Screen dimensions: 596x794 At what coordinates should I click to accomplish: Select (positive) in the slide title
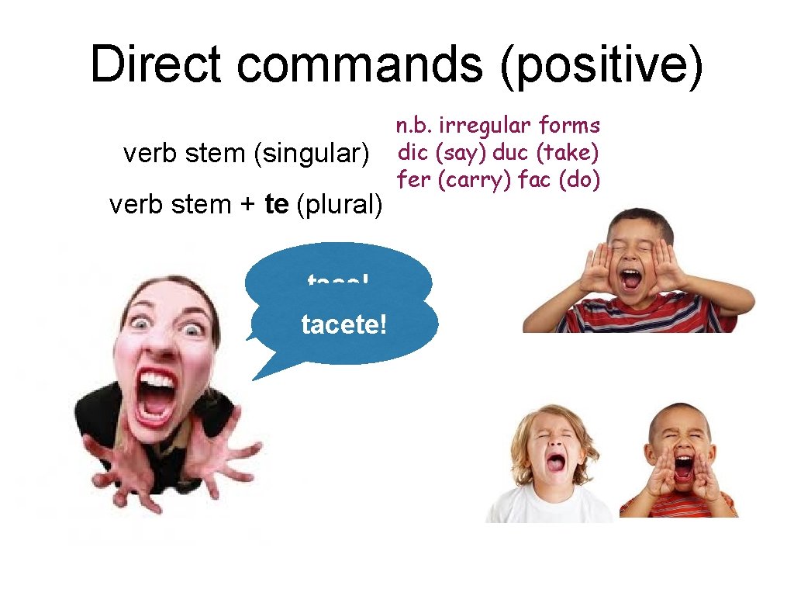tap(602, 65)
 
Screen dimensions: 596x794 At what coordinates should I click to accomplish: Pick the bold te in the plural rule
tap(277, 205)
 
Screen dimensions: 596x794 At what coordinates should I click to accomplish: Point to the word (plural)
tap(340, 205)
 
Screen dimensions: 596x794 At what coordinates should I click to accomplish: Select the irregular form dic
tap(413, 152)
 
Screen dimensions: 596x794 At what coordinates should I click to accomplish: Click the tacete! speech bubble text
tap(343, 325)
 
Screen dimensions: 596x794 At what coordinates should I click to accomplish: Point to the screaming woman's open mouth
tap(157, 397)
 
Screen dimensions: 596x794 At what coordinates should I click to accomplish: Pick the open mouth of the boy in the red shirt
tap(682, 466)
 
